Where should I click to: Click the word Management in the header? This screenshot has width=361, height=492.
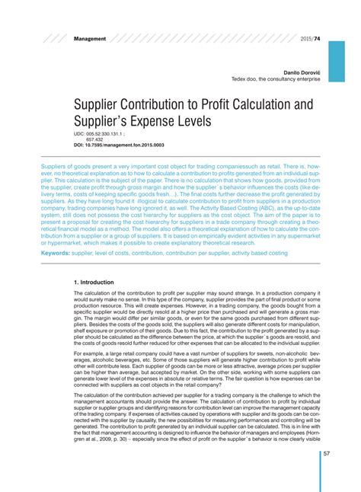tap(90, 37)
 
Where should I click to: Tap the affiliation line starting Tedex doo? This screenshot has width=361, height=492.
tap(276, 78)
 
